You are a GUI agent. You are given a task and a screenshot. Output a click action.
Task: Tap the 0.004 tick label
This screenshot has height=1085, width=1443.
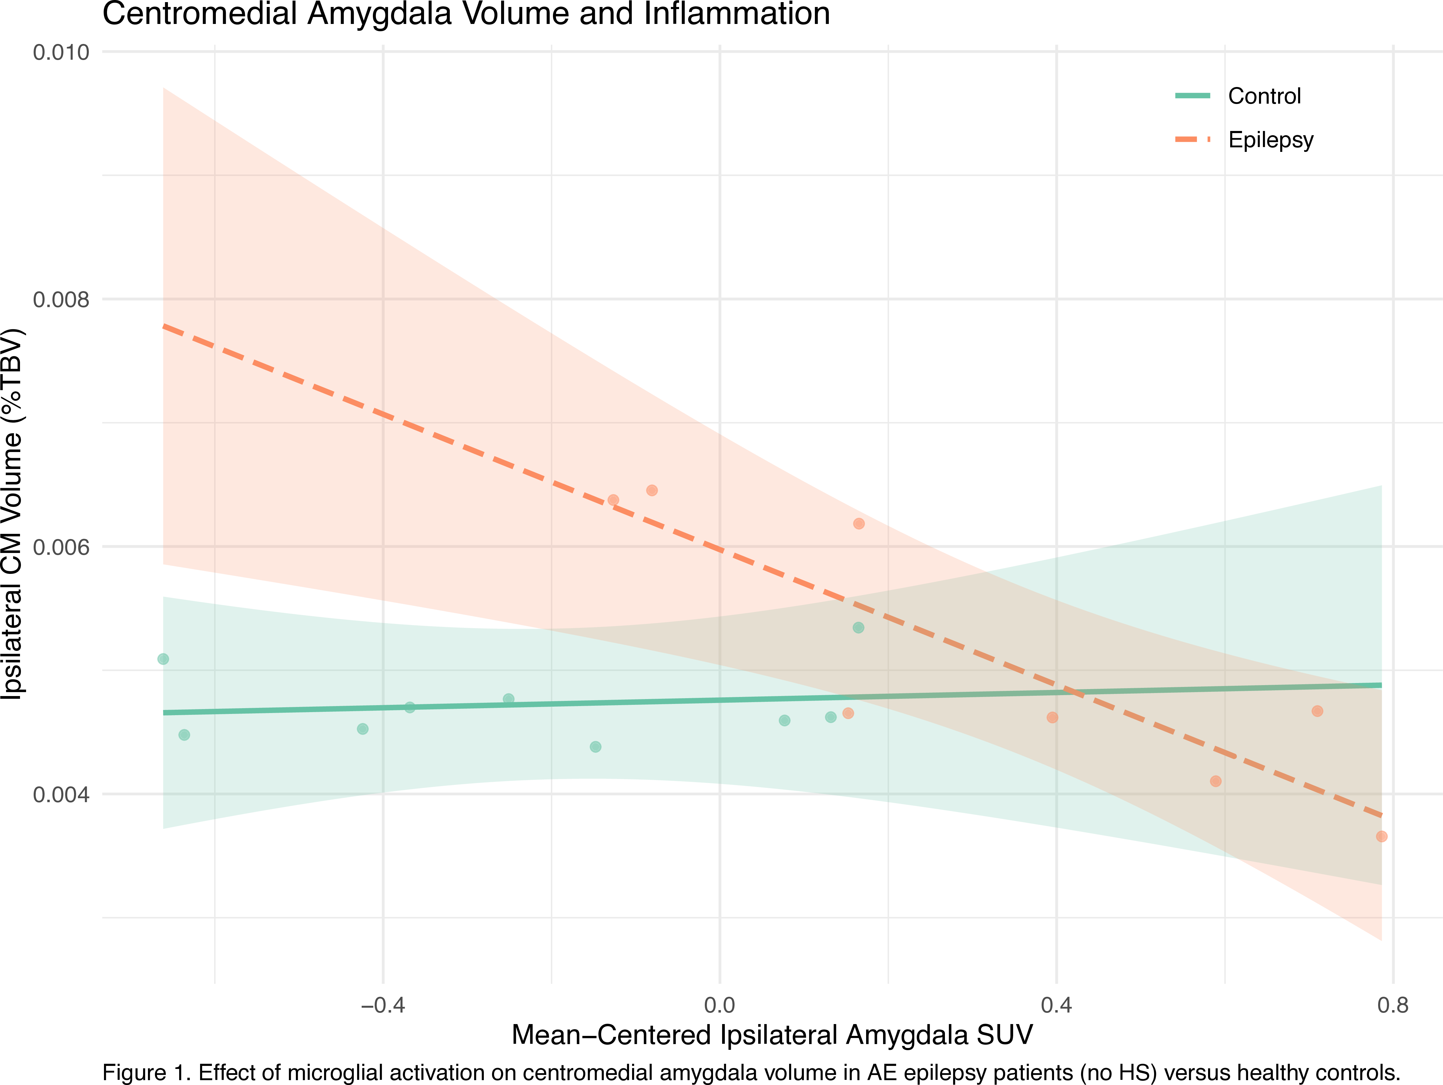(x=61, y=795)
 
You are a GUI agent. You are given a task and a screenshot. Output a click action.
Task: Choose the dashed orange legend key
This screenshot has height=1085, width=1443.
(x=1193, y=139)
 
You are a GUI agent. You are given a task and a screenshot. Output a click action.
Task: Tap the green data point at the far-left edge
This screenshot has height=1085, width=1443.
(x=162, y=659)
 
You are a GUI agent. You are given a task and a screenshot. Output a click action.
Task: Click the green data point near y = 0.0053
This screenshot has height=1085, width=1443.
(x=859, y=628)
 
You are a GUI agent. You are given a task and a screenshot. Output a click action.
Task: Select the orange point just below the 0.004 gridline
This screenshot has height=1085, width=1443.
(x=1382, y=836)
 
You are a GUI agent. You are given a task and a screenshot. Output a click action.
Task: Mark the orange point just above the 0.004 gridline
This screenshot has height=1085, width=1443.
(x=1215, y=781)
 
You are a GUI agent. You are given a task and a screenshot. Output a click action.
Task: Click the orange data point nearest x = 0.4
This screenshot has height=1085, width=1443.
(x=1052, y=718)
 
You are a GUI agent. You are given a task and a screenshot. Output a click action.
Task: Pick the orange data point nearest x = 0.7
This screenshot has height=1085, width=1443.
(x=1317, y=711)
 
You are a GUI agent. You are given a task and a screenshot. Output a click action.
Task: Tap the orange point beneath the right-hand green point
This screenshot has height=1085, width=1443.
(x=848, y=713)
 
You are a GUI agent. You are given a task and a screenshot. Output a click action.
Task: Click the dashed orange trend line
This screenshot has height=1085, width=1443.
(x=1109, y=705)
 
